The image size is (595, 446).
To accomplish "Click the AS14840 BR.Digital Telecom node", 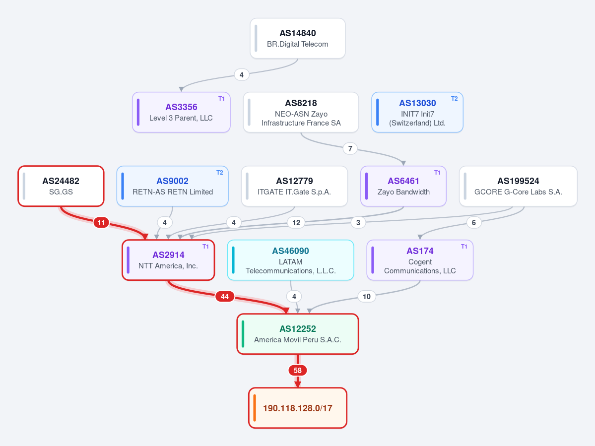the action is pyautogui.click(x=298, y=38).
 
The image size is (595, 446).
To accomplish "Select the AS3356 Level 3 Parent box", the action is pyautogui.click(x=182, y=112).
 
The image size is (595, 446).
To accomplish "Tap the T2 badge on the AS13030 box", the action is pyautogui.click(x=454, y=99).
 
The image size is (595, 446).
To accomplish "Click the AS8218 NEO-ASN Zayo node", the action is pyautogui.click(x=301, y=112).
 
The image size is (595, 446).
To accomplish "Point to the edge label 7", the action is pyautogui.click(x=350, y=149).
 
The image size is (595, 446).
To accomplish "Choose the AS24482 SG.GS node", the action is pyautogui.click(x=61, y=186).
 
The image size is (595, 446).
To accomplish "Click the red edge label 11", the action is pyautogui.click(x=101, y=223).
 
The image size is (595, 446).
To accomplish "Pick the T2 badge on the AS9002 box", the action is pyautogui.click(x=220, y=173).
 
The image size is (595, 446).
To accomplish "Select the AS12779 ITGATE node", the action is pyautogui.click(x=294, y=186).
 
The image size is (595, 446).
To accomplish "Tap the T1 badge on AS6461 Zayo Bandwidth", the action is pyautogui.click(x=438, y=173).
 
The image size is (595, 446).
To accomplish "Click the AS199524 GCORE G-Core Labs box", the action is pyautogui.click(x=519, y=186).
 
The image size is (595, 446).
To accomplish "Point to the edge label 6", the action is pyautogui.click(x=473, y=223).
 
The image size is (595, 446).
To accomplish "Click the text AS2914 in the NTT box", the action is pyautogui.click(x=169, y=255).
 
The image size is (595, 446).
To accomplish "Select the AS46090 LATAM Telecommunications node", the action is pyautogui.click(x=291, y=260).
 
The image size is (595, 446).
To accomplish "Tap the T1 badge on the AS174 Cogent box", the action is pyautogui.click(x=464, y=247).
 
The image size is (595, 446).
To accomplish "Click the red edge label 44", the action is pyautogui.click(x=225, y=297).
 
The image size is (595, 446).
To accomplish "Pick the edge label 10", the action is pyautogui.click(x=367, y=297).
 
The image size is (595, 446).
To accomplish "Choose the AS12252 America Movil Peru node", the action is pyautogui.click(x=298, y=334).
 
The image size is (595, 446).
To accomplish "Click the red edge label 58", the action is pyautogui.click(x=298, y=371).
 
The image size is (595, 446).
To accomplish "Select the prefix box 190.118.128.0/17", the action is pyautogui.click(x=298, y=408).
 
